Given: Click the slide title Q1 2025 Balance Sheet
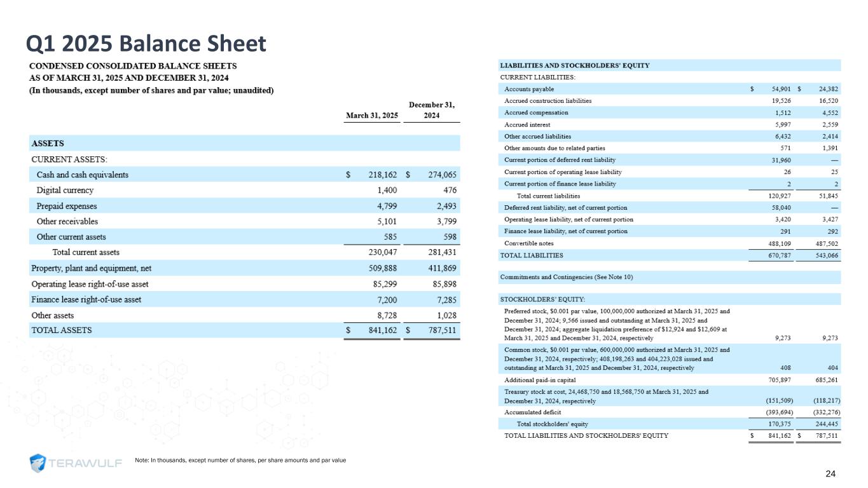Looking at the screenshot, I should coord(145,43).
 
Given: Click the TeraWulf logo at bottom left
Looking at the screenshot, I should coord(76,463).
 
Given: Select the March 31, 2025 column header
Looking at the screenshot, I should coord(371,116).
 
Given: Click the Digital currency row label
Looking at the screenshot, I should coord(65,190).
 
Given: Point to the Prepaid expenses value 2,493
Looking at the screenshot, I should coord(443,206).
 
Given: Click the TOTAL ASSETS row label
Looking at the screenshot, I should coord(62,330).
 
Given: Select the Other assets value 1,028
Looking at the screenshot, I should coord(443,315).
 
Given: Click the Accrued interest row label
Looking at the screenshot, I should coord(527,125).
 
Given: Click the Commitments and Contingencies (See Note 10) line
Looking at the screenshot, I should coord(567,277).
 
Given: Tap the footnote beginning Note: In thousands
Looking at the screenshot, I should coord(240,459).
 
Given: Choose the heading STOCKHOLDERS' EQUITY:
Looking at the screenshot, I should coord(542,299).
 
